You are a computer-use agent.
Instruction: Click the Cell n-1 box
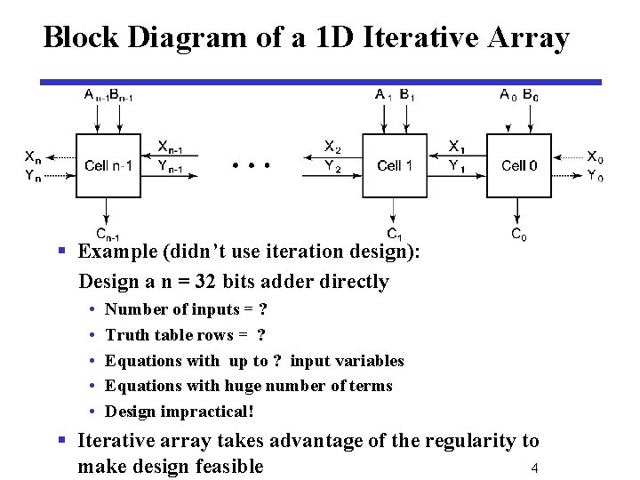[x=108, y=166]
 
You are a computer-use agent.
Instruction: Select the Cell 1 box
[x=395, y=166]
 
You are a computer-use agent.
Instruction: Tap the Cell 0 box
[x=518, y=166]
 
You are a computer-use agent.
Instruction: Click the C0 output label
[x=518, y=236]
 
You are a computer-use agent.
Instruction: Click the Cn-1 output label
[x=108, y=235]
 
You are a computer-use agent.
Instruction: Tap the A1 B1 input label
[x=393, y=95]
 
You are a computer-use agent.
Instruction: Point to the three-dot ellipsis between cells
[x=251, y=165]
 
